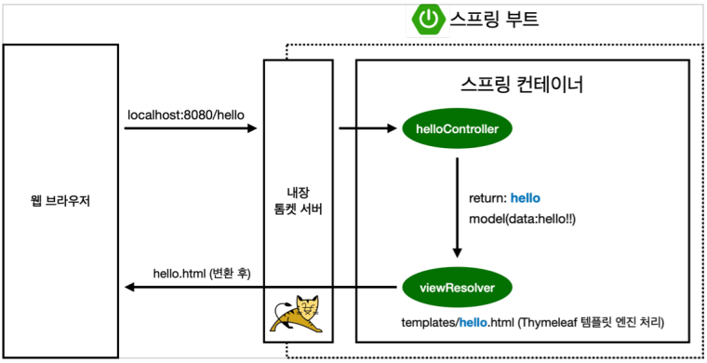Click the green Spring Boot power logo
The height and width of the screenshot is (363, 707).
point(428,20)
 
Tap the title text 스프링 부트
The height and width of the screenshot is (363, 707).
point(494,20)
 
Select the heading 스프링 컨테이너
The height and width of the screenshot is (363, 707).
point(522,85)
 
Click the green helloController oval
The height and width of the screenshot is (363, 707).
point(457,129)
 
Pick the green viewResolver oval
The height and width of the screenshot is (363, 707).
point(457,289)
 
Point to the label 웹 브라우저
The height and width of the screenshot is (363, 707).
point(60,201)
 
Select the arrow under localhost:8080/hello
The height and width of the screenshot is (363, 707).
point(191,129)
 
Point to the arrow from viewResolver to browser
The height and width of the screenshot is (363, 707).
point(260,289)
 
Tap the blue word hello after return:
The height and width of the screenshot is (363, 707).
point(525,198)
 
